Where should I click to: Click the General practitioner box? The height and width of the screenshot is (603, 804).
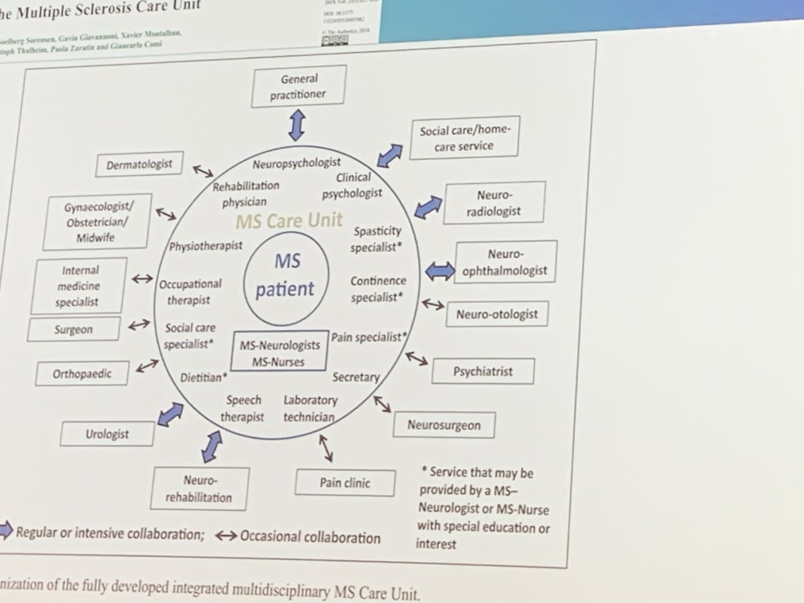[x=299, y=86]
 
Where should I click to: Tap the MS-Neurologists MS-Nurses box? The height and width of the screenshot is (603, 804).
[x=280, y=352]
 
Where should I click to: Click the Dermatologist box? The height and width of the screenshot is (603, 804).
[x=139, y=163]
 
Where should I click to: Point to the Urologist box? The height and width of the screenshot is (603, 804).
[x=107, y=433]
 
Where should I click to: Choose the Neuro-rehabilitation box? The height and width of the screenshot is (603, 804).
[x=200, y=488]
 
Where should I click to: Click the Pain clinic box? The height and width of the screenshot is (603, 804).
[x=345, y=482]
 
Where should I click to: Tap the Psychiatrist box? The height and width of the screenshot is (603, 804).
[x=483, y=371]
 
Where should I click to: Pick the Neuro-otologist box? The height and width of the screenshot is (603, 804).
[x=496, y=313]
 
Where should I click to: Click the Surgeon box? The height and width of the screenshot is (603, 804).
[x=74, y=329]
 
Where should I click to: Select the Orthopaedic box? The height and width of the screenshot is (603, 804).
[x=82, y=374]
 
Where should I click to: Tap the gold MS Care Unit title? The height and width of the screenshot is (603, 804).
[x=289, y=220]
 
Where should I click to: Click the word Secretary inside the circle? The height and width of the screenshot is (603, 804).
[x=356, y=377]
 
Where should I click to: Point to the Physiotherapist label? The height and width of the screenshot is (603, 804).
[x=206, y=246]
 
